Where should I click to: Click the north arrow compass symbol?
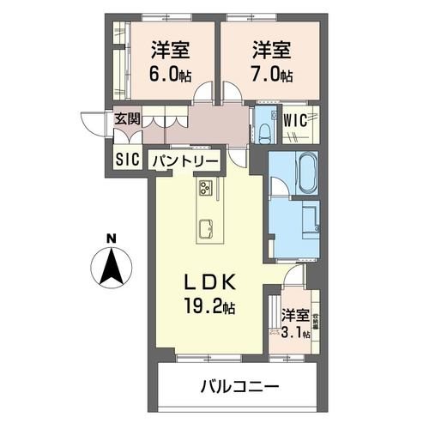(112, 267)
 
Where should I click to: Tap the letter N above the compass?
(112, 239)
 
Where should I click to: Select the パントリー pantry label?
(186, 160)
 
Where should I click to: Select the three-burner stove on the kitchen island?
(207, 188)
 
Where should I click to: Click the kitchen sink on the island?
(207, 227)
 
